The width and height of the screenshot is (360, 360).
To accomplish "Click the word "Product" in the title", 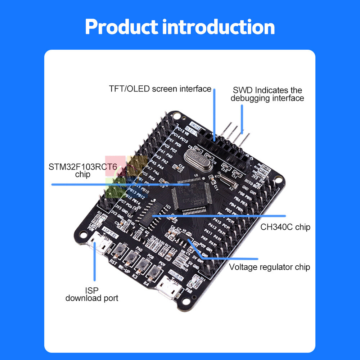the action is click(121, 27).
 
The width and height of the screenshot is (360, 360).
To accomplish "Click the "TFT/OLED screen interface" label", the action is click(160, 89).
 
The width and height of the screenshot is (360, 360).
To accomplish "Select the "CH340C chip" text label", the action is click(285, 227).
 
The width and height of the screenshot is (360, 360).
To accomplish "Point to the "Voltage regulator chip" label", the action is click(270, 267).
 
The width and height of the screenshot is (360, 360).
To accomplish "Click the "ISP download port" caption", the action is click(92, 294).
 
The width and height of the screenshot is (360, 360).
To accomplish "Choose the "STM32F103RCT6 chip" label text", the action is click(82, 171).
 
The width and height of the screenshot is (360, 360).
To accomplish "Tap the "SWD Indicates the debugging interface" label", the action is click(267, 94).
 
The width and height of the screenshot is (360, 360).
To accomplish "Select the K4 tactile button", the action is click(155, 273).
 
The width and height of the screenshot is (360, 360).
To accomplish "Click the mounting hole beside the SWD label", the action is click(176, 116).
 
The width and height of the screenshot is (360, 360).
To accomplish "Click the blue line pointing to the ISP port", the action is click(95, 263).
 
